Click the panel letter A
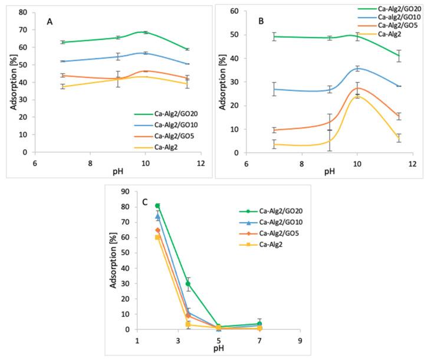pos(51,22)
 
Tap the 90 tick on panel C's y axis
pos(124,191)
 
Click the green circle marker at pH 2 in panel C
pos(157,206)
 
